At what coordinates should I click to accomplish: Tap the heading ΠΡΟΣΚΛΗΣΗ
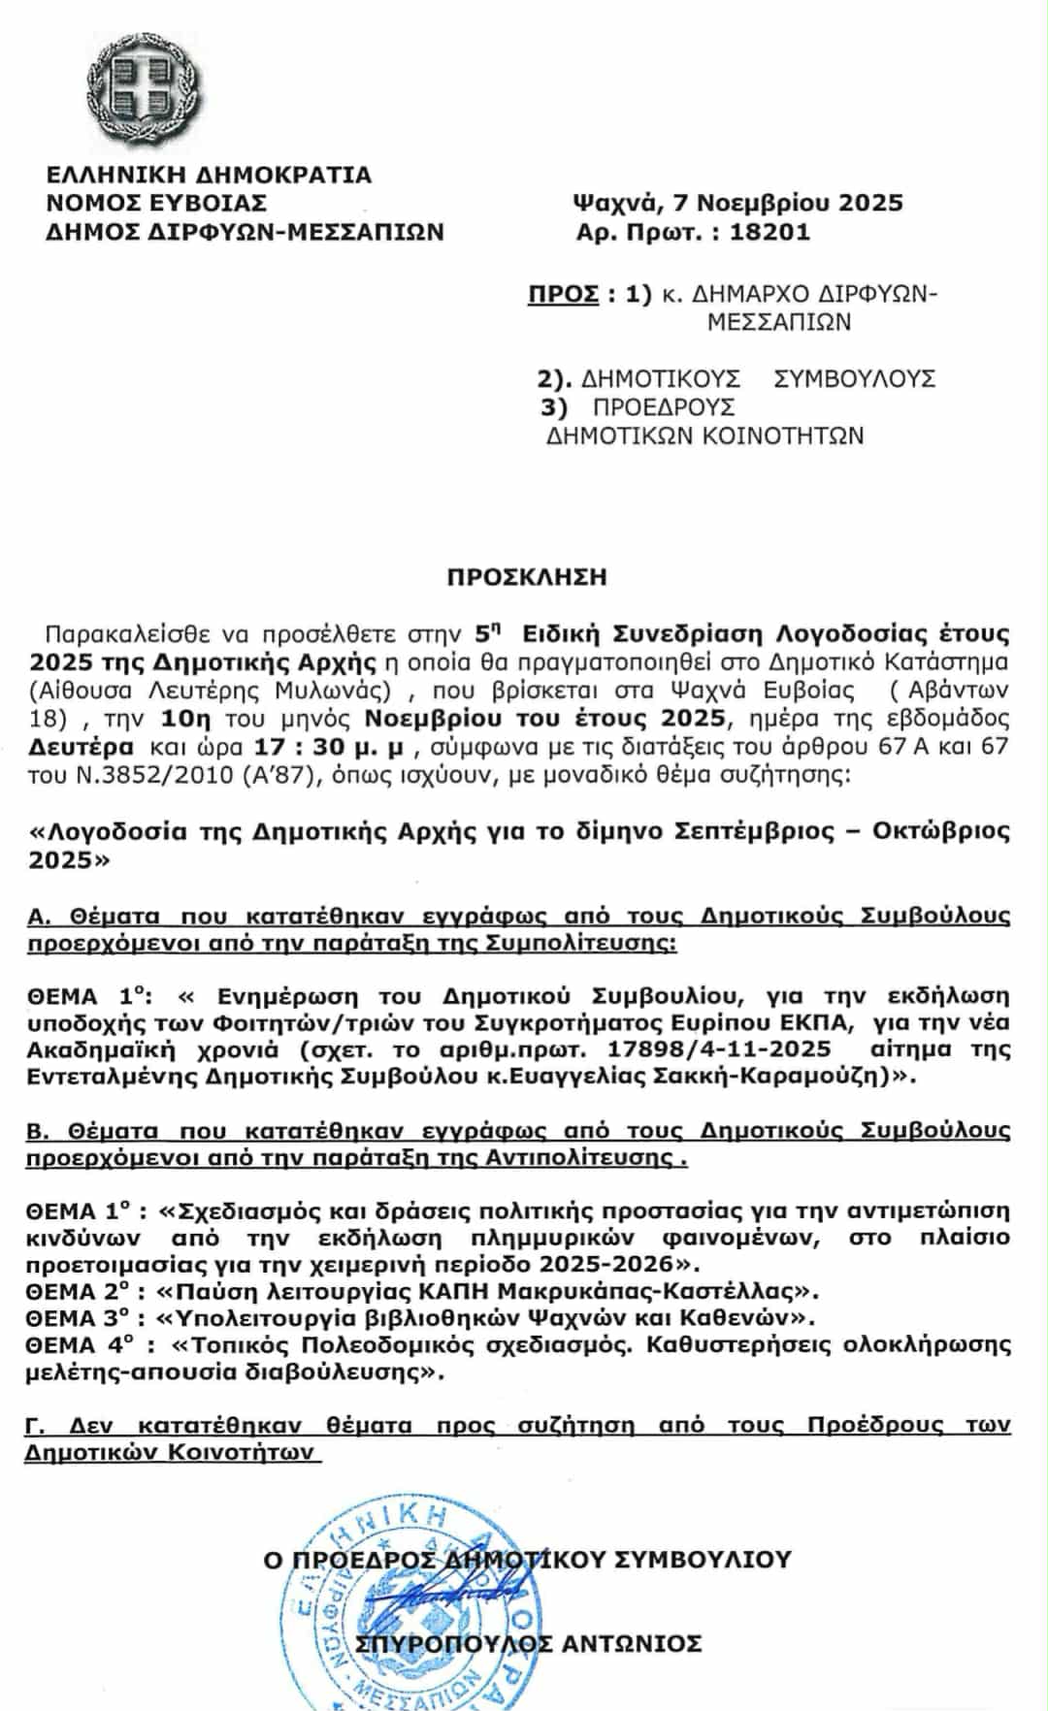click(x=527, y=577)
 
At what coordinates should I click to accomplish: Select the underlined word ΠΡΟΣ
click(x=563, y=294)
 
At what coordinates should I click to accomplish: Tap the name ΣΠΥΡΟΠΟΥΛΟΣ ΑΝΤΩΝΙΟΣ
click(x=529, y=1642)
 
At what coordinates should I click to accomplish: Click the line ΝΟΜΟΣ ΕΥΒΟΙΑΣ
click(x=157, y=203)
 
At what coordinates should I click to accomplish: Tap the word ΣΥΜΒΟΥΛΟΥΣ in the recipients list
click(x=855, y=378)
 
